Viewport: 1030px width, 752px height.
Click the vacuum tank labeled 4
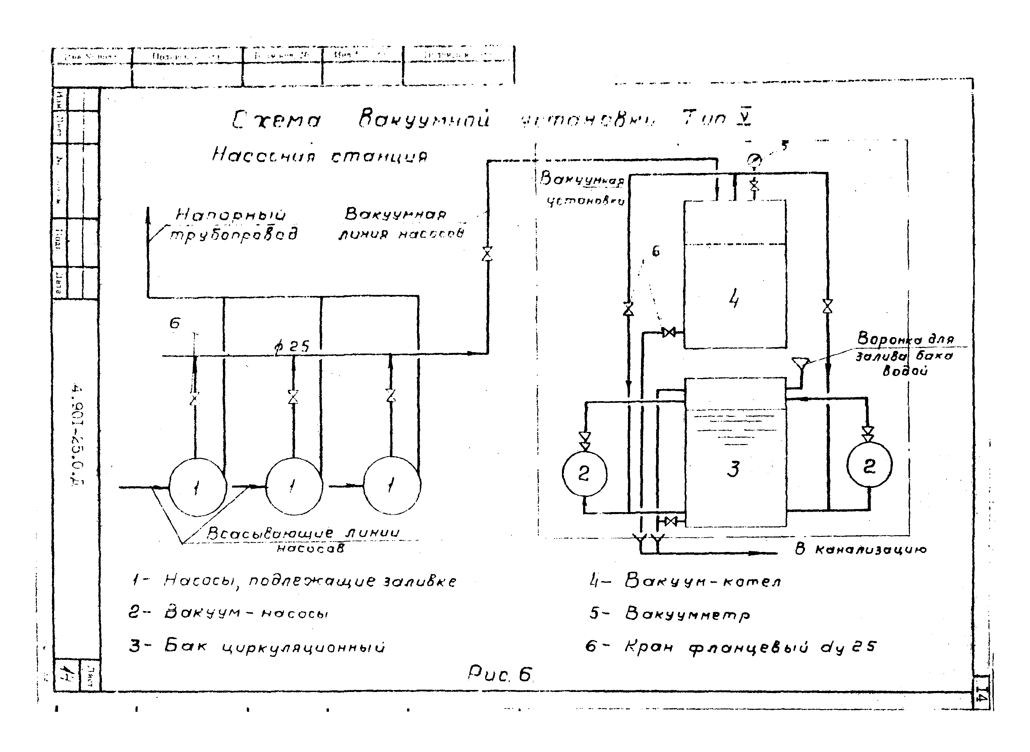735,274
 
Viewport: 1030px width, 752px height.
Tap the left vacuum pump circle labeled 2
584,474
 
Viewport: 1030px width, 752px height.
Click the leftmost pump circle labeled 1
197,487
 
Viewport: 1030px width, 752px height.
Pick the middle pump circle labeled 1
294,486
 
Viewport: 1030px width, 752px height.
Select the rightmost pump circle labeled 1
392,485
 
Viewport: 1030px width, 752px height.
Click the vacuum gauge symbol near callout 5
754,160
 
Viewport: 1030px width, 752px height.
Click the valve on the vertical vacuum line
487,254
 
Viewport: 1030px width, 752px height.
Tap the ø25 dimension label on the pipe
291,347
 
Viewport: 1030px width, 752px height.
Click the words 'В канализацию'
860,550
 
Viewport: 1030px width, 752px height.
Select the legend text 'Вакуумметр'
688,614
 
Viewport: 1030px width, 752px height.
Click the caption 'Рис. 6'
500,675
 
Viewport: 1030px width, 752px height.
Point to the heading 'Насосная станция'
320,156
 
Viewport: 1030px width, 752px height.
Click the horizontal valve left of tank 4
669,332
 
